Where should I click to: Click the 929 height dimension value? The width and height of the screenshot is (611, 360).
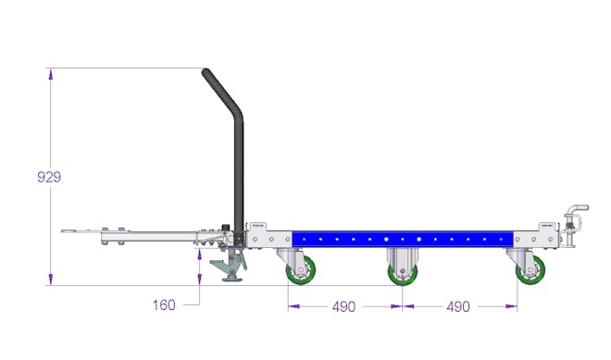(x=49, y=178)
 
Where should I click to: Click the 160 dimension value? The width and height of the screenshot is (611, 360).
(x=164, y=304)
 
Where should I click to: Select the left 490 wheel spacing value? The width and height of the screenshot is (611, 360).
(x=343, y=306)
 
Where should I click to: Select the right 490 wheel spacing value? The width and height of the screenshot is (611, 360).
(x=458, y=306)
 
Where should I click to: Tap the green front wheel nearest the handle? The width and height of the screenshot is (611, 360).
(x=301, y=269)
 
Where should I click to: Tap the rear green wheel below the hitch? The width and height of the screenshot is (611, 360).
(x=530, y=269)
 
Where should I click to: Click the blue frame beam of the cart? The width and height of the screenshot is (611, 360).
(x=403, y=239)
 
